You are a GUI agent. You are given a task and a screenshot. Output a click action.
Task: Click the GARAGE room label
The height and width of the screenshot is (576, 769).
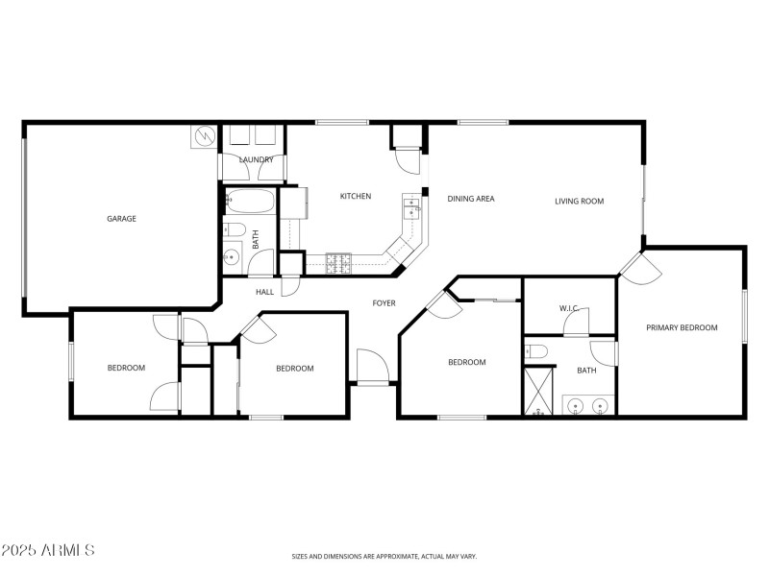121,219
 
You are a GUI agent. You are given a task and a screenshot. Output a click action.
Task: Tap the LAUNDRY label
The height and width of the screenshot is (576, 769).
256,159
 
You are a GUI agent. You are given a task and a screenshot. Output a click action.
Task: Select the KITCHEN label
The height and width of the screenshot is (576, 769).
355,197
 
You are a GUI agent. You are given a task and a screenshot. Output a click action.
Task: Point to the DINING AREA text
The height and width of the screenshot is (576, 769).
471,199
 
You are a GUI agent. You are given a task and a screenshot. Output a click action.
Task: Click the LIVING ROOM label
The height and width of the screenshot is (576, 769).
579,201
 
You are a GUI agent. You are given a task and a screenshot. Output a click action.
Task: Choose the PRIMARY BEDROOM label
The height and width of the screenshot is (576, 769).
682,327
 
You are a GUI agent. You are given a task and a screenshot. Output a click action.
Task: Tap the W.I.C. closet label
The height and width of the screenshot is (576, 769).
568,308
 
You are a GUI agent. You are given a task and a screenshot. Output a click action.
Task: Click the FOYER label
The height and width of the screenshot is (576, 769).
384,303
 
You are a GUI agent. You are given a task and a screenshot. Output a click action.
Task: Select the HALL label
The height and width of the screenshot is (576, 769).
265,292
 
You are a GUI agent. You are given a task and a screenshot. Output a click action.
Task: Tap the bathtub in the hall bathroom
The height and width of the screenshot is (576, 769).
249,203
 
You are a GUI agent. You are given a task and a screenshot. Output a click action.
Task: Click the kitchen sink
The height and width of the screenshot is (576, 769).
411,205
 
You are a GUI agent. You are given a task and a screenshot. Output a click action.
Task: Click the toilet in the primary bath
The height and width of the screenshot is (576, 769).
536,352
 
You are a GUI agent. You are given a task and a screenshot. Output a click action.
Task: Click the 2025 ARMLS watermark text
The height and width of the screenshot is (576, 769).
48,550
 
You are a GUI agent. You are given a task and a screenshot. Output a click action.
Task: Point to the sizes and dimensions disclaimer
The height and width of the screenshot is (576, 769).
384,556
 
